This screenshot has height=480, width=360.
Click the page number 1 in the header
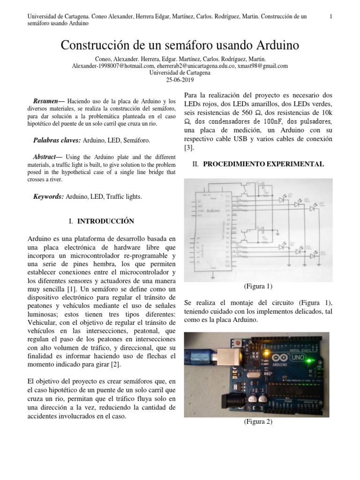(331, 17)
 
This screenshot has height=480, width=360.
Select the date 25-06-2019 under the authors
(180, 80)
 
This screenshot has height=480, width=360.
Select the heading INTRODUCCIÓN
(105, 221)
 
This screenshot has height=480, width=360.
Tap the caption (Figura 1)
(258, 286)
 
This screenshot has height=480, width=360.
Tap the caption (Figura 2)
(258, 421)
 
